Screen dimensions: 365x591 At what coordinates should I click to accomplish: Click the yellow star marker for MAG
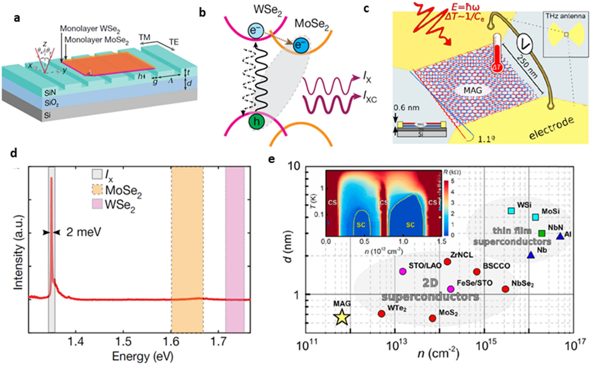tap(342, 317)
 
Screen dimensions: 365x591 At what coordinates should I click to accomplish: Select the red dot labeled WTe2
tap(381, 314)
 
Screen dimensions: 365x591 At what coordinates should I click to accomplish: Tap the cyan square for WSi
tap(511, 211)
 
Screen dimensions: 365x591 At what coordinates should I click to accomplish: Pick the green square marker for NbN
tap(542, 233)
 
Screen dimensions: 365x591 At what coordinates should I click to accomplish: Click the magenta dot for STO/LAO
tap(403, 271)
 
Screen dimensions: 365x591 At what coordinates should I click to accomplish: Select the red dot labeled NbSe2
tap(506, 289)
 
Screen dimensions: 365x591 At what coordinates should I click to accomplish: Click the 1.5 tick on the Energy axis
tap(124, 342)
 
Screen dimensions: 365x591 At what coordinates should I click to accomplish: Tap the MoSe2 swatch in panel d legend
tap(97, 190)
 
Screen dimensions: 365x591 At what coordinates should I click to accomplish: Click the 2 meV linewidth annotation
tap(84, 232)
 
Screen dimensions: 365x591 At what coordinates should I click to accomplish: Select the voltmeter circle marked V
tap(525, 44)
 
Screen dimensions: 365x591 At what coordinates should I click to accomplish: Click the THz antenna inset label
tap(565, 16)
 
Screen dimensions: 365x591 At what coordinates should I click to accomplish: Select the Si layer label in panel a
tap(47, 115)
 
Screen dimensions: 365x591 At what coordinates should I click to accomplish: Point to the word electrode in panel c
tap(552, 128)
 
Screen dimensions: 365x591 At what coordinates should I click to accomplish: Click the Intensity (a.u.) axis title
tap(18, 253)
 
